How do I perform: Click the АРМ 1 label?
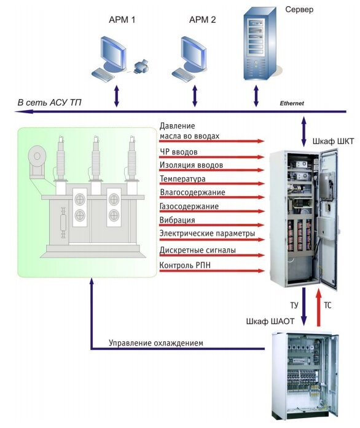(x=122, y=20)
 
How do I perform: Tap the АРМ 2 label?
(x=202, y=20)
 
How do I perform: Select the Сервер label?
(x=299, y=10)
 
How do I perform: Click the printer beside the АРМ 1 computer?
(x=141, y=66)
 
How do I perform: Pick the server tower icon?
(x=259, y=44)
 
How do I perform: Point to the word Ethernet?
(x=292, y=103)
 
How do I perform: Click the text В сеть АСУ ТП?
(x=50, y=103)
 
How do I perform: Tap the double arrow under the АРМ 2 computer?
(x=195, y=96)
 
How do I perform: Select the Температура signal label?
(x=182, y=179)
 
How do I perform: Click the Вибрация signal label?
(x=178, y=220)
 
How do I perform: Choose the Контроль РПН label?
(x=185, y=265)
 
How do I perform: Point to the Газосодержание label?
(x=189, y=206)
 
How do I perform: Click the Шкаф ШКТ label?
(x=333, y=141)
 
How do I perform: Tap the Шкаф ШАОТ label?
(x=270, y=321)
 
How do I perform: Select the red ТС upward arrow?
(x=318, y=307)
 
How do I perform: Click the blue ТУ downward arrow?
(x=303, y=306)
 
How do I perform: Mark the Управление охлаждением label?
(x=156, y=343)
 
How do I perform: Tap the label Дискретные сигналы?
(x=198, y=250)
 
